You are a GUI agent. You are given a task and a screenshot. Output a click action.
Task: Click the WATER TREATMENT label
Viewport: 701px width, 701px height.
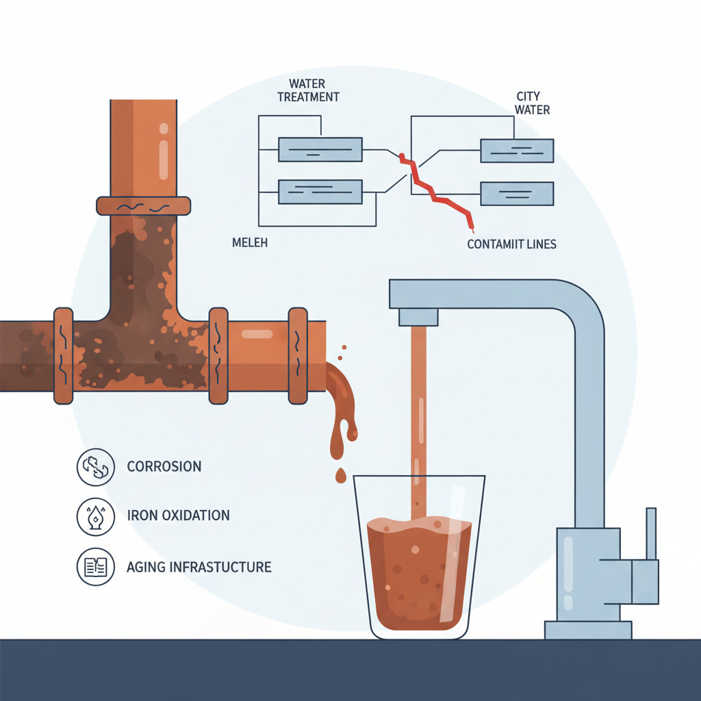(308, 90)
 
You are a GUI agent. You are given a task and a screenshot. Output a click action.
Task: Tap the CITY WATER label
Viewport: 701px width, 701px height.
(532, 103)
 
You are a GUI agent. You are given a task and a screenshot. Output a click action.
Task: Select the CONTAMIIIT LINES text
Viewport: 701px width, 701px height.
(511, 244)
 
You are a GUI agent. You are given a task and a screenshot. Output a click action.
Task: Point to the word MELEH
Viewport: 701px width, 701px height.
(250, 242)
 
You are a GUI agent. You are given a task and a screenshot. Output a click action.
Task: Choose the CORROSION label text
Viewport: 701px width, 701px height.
(164, 467)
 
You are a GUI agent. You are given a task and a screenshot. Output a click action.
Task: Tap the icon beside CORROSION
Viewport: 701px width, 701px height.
(96, 466)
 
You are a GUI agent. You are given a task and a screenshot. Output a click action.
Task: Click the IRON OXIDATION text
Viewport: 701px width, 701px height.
(178, 515)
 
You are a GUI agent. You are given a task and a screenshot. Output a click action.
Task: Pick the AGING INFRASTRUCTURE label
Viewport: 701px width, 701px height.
(199, 567)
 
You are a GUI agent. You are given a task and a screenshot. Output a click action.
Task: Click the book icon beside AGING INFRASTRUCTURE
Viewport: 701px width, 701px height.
(96, 566)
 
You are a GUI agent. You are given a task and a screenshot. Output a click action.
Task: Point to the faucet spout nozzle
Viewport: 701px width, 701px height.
(418, 316)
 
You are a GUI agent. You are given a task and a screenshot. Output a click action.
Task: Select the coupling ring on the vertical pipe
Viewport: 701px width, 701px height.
(143, 205)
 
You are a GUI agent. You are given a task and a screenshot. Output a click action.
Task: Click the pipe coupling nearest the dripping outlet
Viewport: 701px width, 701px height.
(298, 355)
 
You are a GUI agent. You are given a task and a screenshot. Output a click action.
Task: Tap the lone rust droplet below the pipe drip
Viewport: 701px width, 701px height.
(340, 475)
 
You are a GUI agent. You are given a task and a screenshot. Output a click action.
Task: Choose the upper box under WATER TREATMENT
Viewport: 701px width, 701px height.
(320, 149)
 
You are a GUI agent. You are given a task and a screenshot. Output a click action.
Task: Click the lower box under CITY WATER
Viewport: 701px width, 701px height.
(517, 194)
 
